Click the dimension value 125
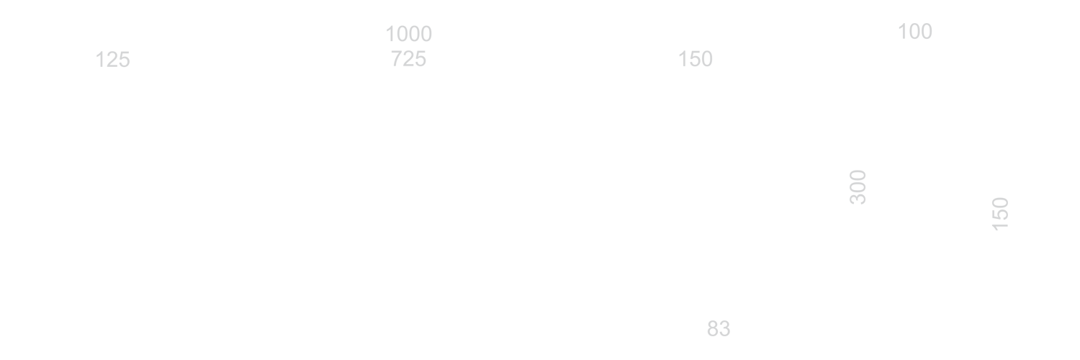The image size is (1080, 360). (x=113, y=60)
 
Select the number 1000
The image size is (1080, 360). (x=409, y=35)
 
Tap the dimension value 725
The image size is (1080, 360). (x=408, y=59)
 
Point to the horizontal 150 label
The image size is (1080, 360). (x=696, y=59)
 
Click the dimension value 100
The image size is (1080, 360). (x=915, y=32)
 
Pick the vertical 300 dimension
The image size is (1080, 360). (x=858, y=187)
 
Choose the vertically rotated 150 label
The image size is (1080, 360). (x=1000, y=214)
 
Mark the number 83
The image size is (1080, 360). (x=719, y=328)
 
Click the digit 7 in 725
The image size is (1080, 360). (x=397, y=59)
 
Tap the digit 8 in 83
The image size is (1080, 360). (x=713, y=328)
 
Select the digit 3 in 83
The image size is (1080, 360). (x=724, y=328)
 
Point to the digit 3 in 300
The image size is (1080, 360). (x=858, y=199)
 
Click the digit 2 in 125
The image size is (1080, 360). (x=113, y=60)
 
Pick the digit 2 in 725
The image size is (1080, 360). (x=408, y=59)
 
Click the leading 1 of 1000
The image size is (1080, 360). (x=390, y=35)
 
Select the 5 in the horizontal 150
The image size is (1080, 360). (x=696, y=59)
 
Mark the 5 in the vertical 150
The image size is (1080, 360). (x=1000, y=215)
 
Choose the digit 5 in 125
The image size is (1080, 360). (x=125, y=60)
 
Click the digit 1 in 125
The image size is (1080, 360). (x=100, y=60)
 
